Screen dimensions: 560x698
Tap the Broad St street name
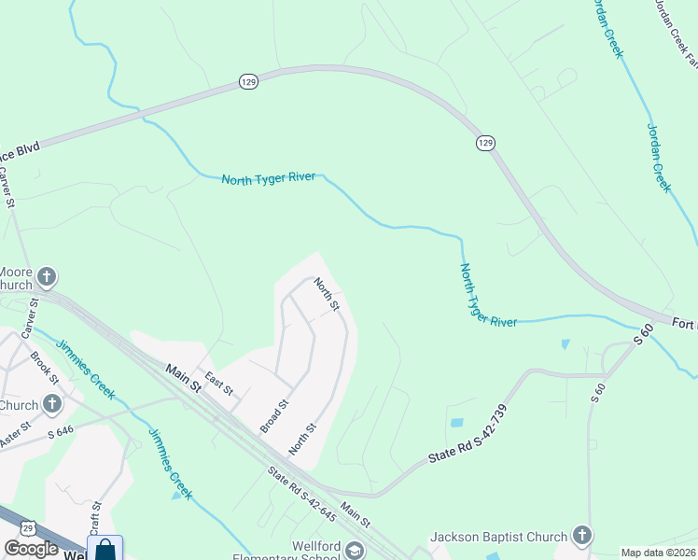[275, 416]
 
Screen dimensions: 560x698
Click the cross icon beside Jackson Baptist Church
[582, 536]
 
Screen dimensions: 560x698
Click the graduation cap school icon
[354, 550]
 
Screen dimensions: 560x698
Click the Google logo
[32, 549]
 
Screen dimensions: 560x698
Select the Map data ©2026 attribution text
[658, 553]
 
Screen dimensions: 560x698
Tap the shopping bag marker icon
[105, 549]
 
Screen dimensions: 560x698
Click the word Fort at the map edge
[685, 323]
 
